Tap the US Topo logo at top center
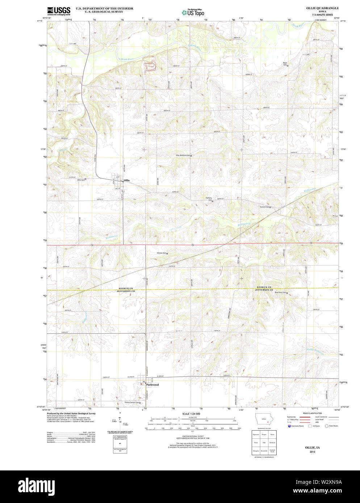(193, 12)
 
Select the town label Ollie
(126, 180)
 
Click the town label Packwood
(152, 385)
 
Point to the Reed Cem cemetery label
(285, 64)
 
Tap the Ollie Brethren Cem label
(183, 155)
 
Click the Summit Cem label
(265, 207)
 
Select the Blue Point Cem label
(280, 292)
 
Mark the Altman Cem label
(162, 253)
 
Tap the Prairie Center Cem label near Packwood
(132, 402)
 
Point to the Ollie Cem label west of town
(81, 179)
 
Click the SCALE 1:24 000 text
(191, 414)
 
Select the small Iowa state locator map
(264, 420)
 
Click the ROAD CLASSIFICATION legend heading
(313, 413)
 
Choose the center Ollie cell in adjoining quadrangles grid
(264, 443)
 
